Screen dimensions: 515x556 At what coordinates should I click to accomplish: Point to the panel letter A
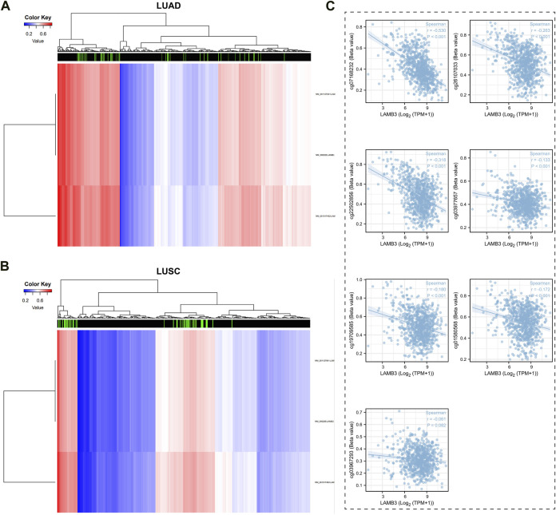coord(6,7)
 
